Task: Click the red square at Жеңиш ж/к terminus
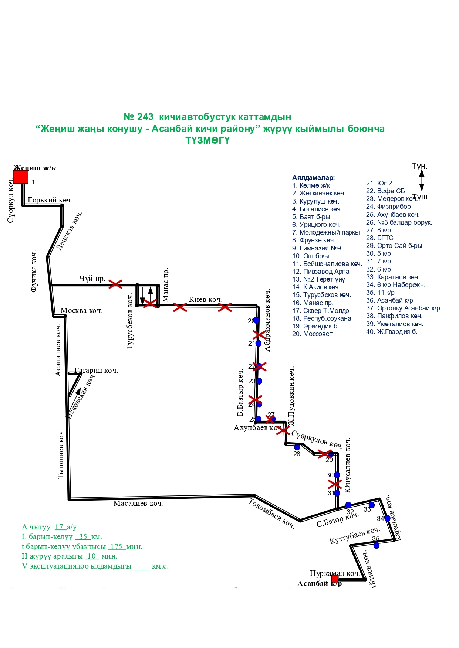pyautogui.click(x=21, y=177)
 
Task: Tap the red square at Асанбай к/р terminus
pyautogui.click(x=335, y=579)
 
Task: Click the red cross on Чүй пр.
pyautogui.click(x=115, y=284)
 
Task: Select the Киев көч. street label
pyautogui.click(x=206, y=299)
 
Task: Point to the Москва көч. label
pyautogui.click(x=81, y=311)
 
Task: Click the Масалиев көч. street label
pyautogui.click(x=138, y=504)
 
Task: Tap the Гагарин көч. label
pyautogui.click(x=97, y=371)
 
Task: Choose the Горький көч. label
pyautogui.click(x=50, y=200)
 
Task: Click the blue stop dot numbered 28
pyautogui.click(x=297, y=447)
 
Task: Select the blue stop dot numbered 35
pyautogui.click(x=377, y=545)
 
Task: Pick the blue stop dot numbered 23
pyautogui.click(x=259, y=381)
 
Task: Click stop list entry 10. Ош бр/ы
pyautogui.click(x=310, y=256)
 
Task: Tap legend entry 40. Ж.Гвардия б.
pyautogui.click(x=391, y=332)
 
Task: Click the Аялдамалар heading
pyautogui.click(x=313, y=178)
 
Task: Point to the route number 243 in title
pyautogui.click(x=145, y=117)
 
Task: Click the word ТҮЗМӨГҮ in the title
pyautogui.click(x=207, y=141)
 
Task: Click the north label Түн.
pyautogui.click(x=419, y=166)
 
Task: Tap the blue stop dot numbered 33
pyautogui.click(x=372, y=505)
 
